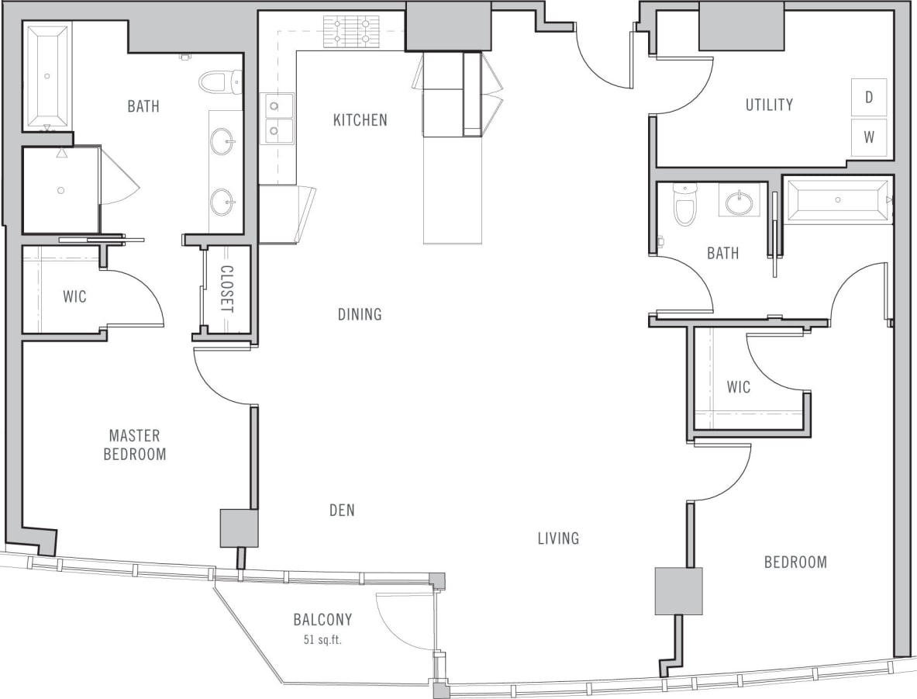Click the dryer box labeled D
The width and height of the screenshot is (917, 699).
click(x=869, y=97)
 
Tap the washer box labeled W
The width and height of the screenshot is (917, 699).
click(x=869, y=138)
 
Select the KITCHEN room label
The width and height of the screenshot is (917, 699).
click(x=360, y=120)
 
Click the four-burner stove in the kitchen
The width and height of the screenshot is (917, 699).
click(x=351, y=32)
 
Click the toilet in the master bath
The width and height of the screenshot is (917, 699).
click(x=220, y=81)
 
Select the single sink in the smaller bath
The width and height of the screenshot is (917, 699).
click(x=738, y=203)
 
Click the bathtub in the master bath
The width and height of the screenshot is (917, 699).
click(x=47, y=75)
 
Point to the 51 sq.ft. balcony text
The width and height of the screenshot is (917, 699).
click(x=322, y=640)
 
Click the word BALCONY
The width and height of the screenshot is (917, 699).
click(x=322, y=620)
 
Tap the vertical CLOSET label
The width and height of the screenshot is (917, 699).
click(x=226, y=289)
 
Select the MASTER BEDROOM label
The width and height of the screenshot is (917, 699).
click(x=135, y=445)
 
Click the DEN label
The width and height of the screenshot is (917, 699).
click(x=342, y=510)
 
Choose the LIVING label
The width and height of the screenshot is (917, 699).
click(x=558, y=538)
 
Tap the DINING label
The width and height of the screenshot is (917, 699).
click(x=360, y=314)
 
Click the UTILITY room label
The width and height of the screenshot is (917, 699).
click(x=769, y=105)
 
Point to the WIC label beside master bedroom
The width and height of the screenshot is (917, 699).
click(x=74, y=296)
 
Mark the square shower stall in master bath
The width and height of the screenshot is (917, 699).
click(x=60, y=189)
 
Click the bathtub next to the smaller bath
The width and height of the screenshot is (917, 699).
click(x=837, y=201)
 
